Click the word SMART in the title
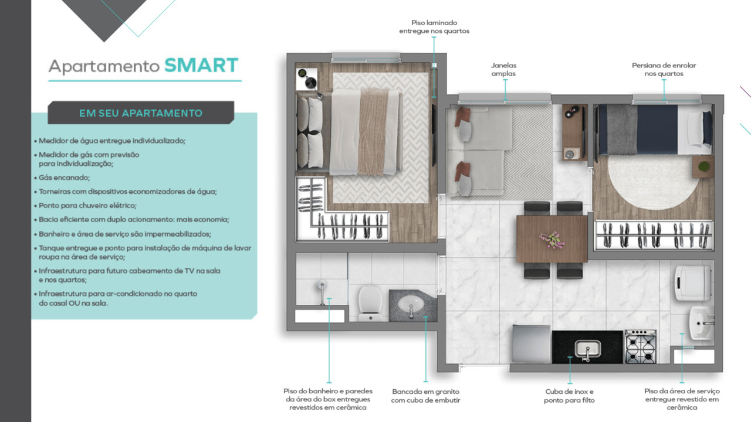201,65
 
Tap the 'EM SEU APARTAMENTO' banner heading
141,113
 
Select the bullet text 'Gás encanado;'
65,177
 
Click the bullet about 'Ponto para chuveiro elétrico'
87,206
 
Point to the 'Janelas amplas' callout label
503,70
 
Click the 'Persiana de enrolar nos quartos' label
664,70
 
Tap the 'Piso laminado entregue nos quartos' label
434,27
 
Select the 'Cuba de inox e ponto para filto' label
569,396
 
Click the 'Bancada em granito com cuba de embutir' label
426,396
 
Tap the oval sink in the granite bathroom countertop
411,304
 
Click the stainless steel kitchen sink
587,349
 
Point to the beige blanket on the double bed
373,131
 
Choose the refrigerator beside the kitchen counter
531,344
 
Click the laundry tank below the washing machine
701,319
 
